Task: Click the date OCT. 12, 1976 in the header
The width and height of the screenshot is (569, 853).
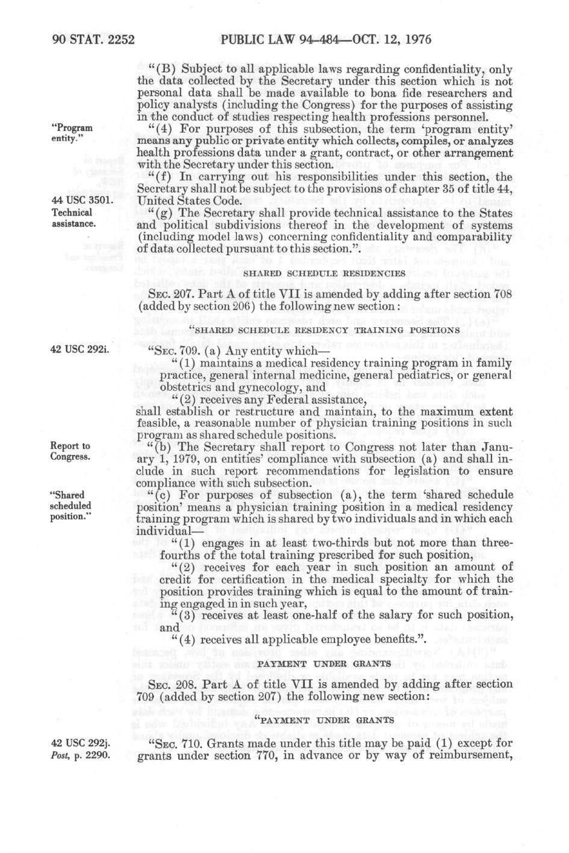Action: [384, 40]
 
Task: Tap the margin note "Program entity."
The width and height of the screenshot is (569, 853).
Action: [72, 133]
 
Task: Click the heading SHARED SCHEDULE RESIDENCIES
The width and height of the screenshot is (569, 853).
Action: [324, 273]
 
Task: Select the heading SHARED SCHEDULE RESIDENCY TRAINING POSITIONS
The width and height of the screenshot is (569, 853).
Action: [325, 330]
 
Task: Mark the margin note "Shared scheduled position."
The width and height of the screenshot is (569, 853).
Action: [71, 505]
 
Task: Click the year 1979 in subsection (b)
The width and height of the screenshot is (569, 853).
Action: [161, 459]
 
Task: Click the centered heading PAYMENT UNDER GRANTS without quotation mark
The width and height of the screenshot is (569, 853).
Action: [324, 663]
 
